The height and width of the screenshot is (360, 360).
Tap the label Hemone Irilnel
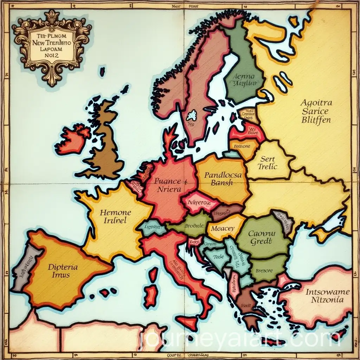(x=115, y=217)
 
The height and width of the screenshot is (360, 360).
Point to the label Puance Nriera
(x=168, y=185)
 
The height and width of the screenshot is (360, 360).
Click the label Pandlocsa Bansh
(x=223, y=178)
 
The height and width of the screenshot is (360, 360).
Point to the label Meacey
(x=223, y=228)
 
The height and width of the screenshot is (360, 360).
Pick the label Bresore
(x=264, y=271)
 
